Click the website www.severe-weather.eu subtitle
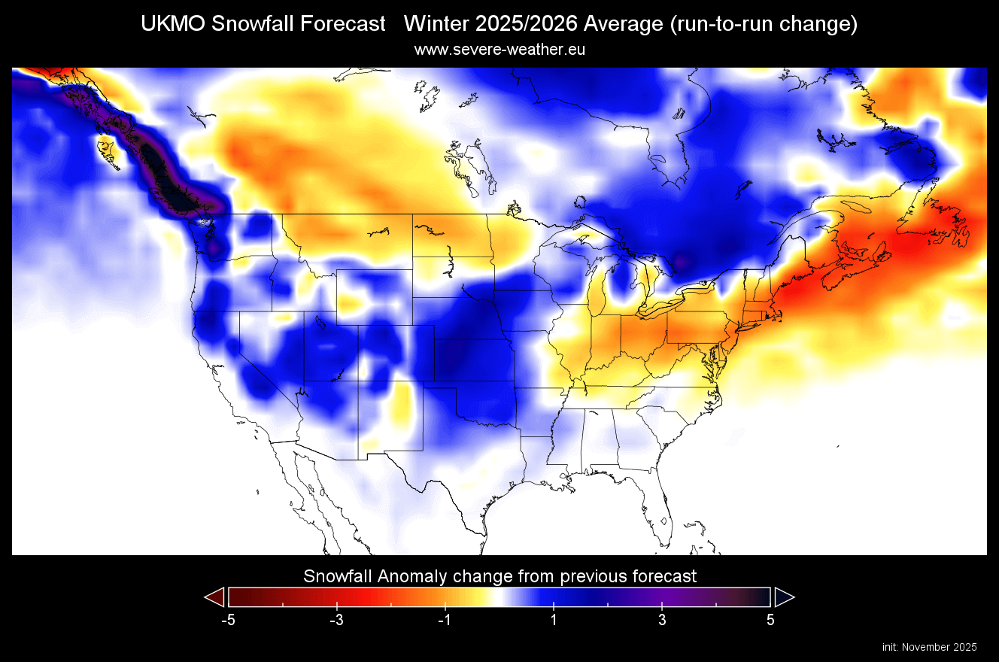pos(499,50)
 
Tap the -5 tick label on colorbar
pos(228,620)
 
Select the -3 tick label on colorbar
pos(336,620)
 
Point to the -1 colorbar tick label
pos(444,620)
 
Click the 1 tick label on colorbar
pos(554,620)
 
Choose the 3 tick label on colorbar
pos(662,620)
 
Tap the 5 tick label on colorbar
pos(770,620)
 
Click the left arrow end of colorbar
pos(215,597)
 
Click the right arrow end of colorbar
pos(784,597)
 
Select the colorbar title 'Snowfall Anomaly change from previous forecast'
pos(499,576)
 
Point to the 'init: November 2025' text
pos(929,647)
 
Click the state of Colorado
pos(395,354)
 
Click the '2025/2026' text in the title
pos(512,24)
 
